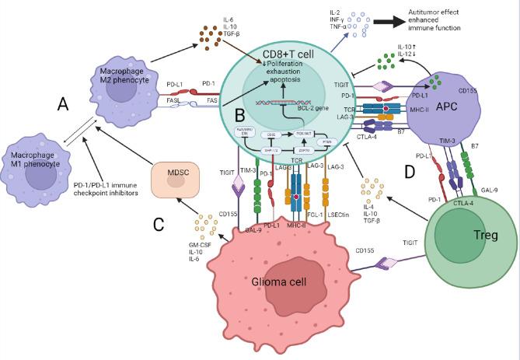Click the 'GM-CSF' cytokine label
pyautogui.click(x=203, y=245)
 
